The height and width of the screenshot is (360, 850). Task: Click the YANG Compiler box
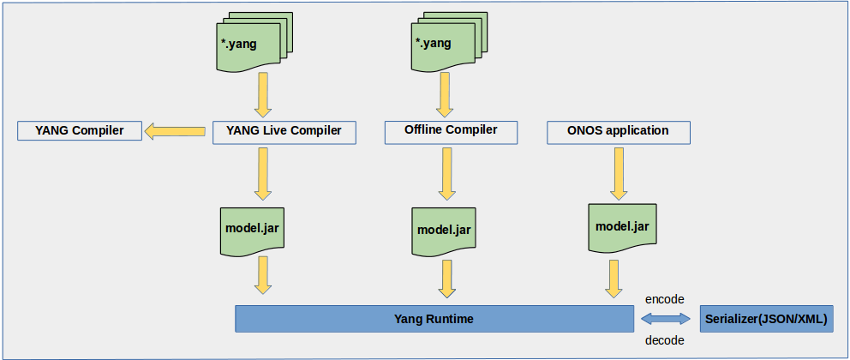tap(80, 131)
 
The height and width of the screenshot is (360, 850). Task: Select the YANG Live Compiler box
tap(284, 131)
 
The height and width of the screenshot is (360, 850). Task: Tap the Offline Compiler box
tap(451, 130)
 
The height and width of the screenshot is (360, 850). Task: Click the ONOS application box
tap(618, 131)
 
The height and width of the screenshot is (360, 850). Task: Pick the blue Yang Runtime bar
tap(434, 319)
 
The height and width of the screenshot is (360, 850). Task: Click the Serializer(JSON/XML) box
tap(766, 319)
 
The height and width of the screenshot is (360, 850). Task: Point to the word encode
tap(666, 298)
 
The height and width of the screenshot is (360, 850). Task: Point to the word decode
tap(666, 340)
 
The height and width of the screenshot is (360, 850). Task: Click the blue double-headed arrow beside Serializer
tap(666, 319)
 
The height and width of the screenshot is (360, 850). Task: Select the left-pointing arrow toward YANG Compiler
tap(177, 131)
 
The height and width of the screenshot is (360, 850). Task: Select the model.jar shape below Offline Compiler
tap(445, 229)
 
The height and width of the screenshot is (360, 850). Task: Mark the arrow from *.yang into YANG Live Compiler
tap(263, 94)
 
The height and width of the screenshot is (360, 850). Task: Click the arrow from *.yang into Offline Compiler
tap(445, 94)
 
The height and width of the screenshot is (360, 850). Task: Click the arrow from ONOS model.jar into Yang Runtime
tap(614, 279)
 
